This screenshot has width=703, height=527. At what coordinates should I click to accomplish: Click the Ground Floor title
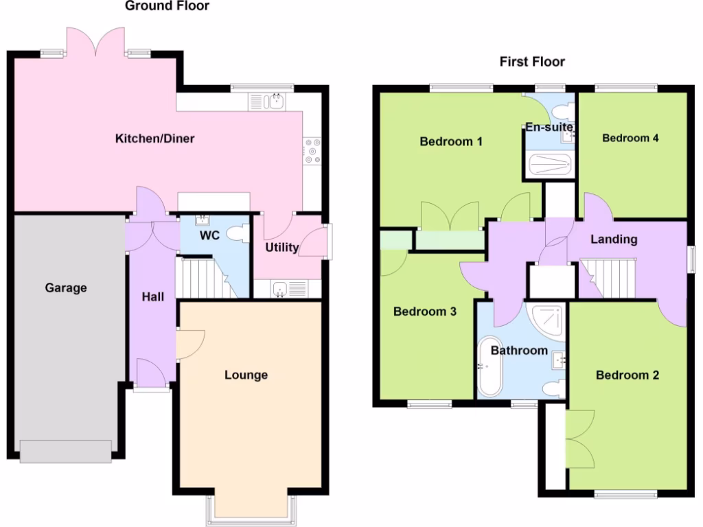pyautogui.click(x=167, y=6)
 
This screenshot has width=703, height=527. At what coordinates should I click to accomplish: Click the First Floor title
pyautogui.click(x=532, y=62)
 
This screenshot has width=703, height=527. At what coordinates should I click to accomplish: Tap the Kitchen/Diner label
pyautogui.click(x=154, y=139)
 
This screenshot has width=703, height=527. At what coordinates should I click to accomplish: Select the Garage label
pyautogui.click(x=66, y=288)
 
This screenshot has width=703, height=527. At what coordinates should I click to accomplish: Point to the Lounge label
pyautogui.click(x=246, y=375)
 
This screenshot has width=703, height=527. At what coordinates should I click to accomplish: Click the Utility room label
pyautogui.click(x=281, y=247)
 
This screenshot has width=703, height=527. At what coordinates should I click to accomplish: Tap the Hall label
pyautogui.click(x=152, y=297)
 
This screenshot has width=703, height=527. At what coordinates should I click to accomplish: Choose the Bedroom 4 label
pyautogui.click(x=630, y=138)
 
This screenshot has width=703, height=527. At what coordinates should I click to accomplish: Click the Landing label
pyautogui.click(x=614, y=239)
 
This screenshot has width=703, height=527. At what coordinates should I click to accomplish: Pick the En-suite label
pyautogui.click(x=549, y=126)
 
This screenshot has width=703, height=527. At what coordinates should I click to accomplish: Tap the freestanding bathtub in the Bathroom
pyautogui.click(x=490, y=366)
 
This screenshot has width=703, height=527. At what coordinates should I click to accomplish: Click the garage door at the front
pyautogui.click(x=65, y=451)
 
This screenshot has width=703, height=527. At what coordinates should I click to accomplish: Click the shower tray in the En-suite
pyautogui.click(x=549, y=165)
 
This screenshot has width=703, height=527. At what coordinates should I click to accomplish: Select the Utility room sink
pyautogui.click(x=281, y=289)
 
